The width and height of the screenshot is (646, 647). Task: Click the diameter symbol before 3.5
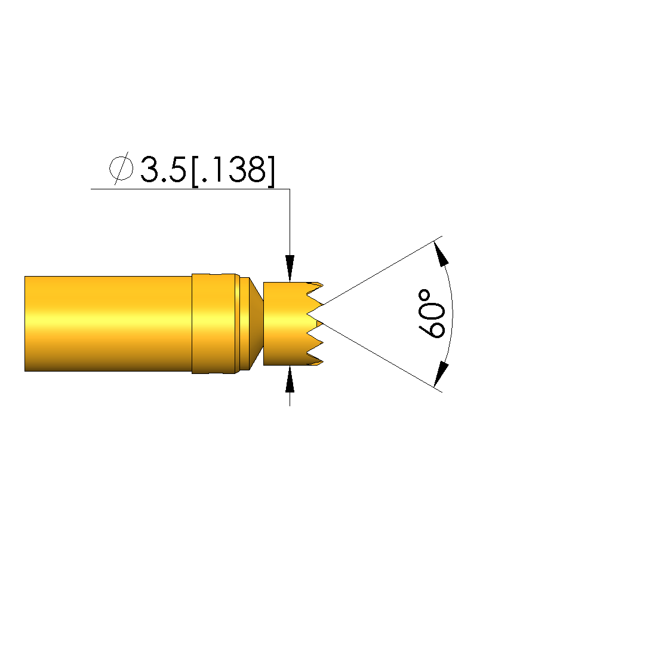point(121,168)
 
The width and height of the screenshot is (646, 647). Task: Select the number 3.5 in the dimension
point(163,169)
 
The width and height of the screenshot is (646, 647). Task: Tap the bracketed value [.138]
point(233,171)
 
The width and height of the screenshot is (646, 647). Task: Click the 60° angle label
point(432,314)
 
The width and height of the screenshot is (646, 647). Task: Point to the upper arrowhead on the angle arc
point(442,253)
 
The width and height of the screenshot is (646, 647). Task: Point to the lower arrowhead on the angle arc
point(441,374)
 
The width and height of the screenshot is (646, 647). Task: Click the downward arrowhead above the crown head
point(290,269)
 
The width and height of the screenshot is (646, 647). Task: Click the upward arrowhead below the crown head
point(290,379)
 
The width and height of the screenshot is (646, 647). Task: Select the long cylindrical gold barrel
point(109,324)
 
